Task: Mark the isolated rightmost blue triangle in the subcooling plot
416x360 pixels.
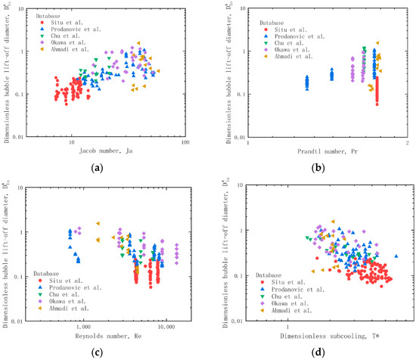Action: pyautogui.click(x=396, y=256)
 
